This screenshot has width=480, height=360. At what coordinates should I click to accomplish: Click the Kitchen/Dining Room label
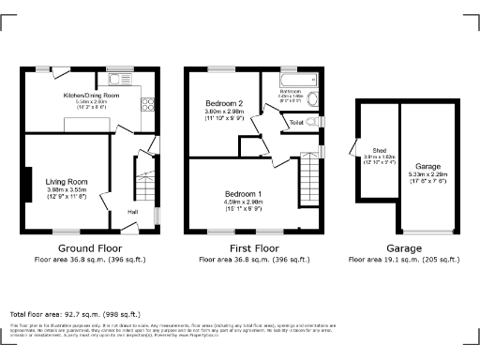pyautogui.click(x=90, y=96)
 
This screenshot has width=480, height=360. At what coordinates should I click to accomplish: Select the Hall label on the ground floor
pyautogui.click(x=133, y=213)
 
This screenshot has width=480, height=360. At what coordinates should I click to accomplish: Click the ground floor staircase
pyautogui.click(x=145, y=178)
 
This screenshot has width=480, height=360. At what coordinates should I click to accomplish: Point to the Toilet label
pyautogui.click(x=296, y=123)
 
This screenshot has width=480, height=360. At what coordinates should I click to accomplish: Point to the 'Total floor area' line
pyautogui.click(x=75, y=314)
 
